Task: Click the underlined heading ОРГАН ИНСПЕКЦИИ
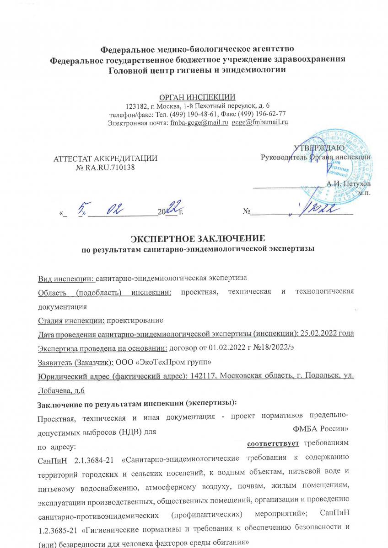(x=197, y=96)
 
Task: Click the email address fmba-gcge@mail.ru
(x=199, y=122)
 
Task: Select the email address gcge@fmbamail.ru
(x=260, y=122)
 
